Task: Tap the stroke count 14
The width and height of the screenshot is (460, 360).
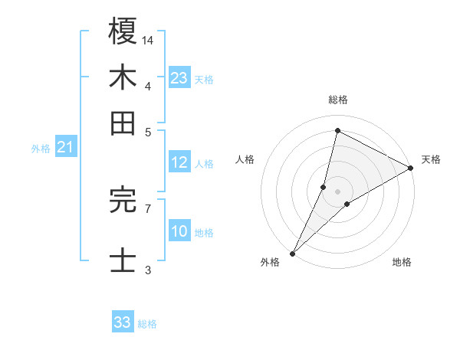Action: (149, 39)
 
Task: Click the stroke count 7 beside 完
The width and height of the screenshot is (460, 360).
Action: (147, 208)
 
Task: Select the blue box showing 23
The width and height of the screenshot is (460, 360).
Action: (179, 77)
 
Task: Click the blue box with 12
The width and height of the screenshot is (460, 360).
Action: (179, 162)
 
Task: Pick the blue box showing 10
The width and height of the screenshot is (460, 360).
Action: (179, 231)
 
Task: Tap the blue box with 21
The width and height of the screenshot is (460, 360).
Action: (65, 148)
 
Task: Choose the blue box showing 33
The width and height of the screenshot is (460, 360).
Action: (123, 322)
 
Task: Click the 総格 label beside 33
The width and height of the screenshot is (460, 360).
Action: (147, 324)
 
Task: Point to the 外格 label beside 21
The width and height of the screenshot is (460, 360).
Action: (41, 149)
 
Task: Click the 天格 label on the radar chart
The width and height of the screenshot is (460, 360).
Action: (432, 159)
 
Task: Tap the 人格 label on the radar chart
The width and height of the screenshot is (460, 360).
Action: (245, 159)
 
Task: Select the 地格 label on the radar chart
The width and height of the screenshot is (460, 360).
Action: (402, 263)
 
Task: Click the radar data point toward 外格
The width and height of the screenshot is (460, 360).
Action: (292, 253)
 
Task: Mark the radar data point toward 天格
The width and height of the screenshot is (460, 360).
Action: (411, 169)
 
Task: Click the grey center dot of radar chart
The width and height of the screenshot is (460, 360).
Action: (337, 191)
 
